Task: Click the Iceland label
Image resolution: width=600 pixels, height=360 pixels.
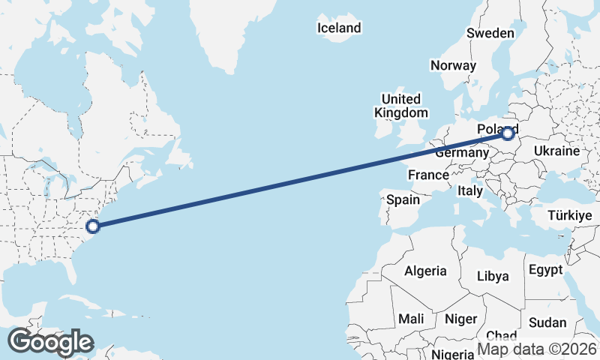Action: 339,28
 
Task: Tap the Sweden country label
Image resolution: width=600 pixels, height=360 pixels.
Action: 490,33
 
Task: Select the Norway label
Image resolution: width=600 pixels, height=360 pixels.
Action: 453,65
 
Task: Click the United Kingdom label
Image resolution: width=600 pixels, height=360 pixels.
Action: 400,106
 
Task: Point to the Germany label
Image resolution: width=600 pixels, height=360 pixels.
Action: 462,152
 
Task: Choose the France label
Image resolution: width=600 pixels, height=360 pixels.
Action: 428,175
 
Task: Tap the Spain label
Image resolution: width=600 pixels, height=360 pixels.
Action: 403,200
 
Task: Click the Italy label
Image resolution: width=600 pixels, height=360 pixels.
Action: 469,191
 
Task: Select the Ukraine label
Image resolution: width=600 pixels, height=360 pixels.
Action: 556,151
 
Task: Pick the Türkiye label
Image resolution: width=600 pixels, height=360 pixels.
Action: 570,215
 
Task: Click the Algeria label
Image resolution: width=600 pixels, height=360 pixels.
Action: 425,271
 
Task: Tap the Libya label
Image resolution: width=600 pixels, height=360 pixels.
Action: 493,276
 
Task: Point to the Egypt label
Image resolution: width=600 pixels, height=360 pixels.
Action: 545,270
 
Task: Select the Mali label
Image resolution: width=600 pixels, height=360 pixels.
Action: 411,319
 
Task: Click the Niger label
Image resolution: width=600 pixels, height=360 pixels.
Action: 460,319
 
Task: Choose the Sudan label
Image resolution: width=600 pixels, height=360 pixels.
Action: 547,322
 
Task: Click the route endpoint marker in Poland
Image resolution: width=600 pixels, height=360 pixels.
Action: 508,134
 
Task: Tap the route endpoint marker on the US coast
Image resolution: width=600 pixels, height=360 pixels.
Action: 93,226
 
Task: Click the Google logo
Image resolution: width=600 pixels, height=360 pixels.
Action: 49,342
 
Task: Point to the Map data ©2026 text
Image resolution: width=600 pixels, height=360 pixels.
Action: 537,349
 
